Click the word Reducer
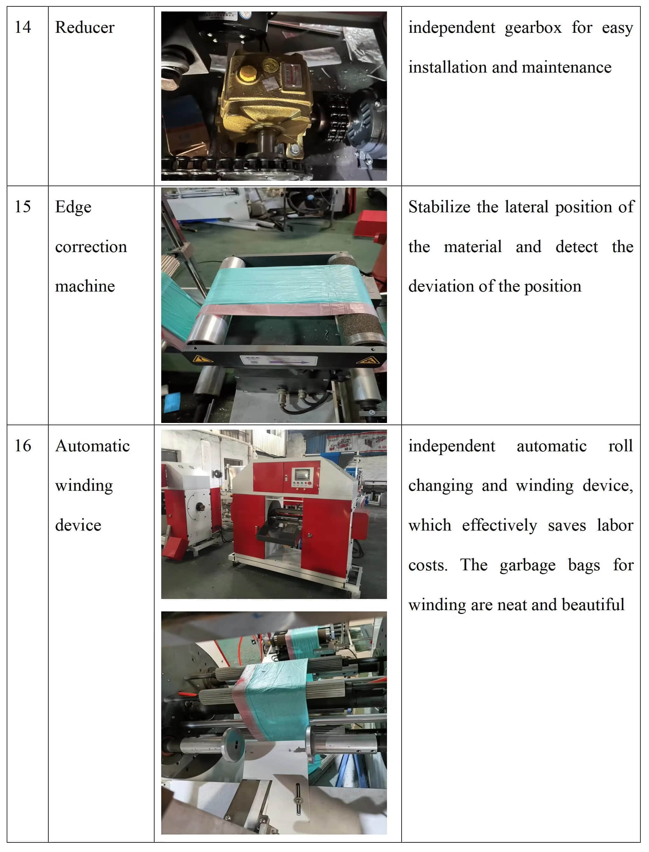coord(85,27)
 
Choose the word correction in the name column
coord(91,247)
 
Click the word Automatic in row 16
coord(92,446)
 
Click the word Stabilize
coord(440,207)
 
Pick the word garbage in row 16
coord(527,565)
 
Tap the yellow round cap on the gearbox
coord(246,73)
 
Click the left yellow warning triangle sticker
coord(203,359)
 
